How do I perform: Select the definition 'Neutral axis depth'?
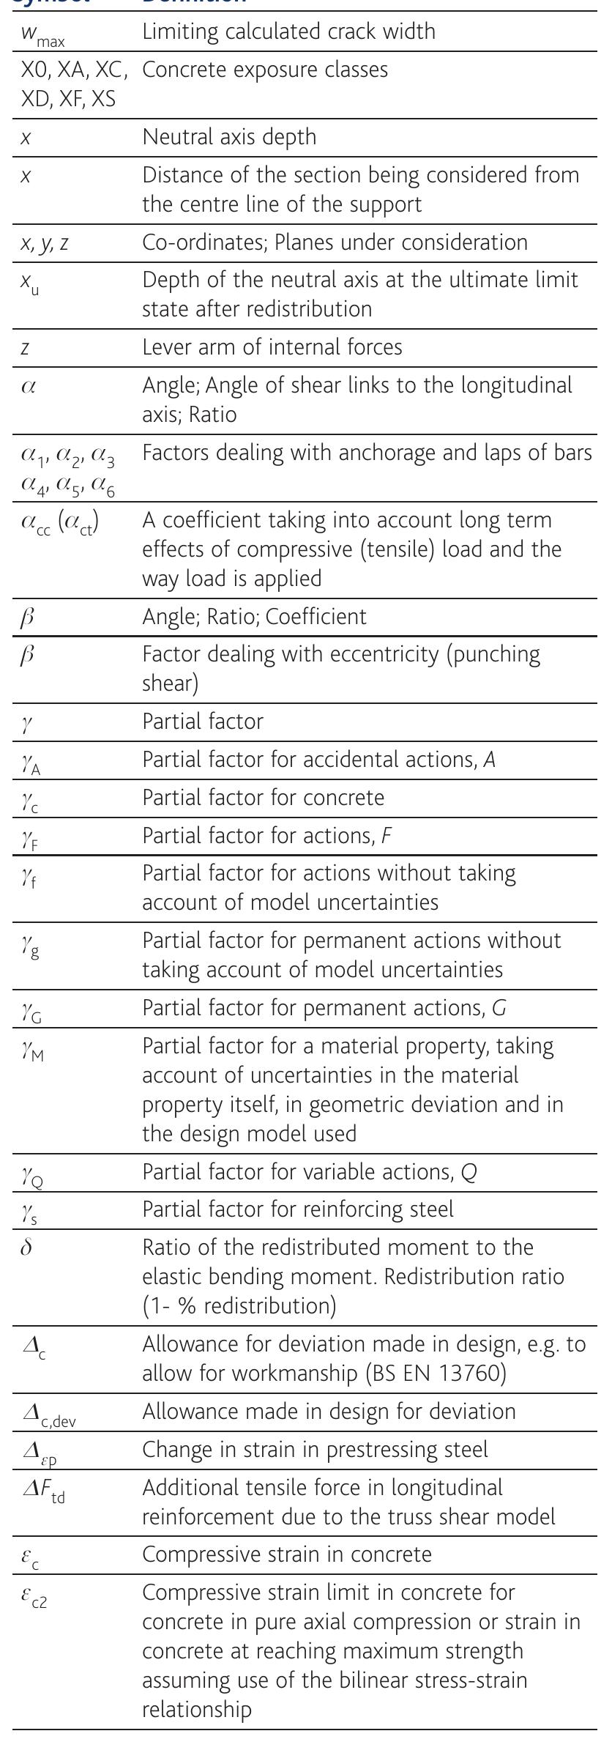coord(229,137)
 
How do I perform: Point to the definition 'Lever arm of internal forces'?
coord(272,346)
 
